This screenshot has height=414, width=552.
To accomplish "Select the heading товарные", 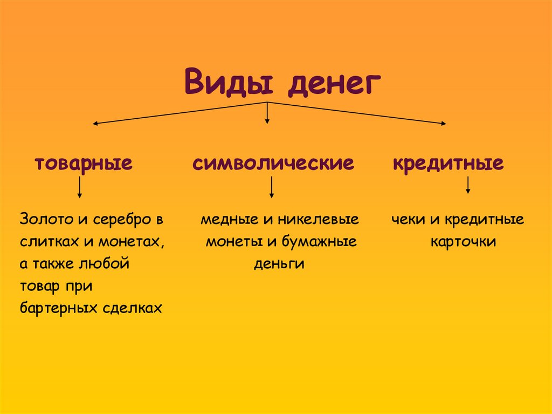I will pyautogui.click(x=84, y=163).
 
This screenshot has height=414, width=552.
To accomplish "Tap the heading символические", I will pyautogui.click(x=273, y=163).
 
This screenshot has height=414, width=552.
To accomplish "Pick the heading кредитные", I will pyautogui.click(x=448, y=163).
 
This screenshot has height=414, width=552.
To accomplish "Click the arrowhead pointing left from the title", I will pyautogui.click(x=95, y=124).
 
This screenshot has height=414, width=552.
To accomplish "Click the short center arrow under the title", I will pyautogui.click(x=267, y=114).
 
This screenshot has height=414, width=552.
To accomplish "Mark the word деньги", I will pyautogui.click(x=279, y=264).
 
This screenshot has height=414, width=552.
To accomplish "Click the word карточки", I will pyautogui.click(x=463, y=242).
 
